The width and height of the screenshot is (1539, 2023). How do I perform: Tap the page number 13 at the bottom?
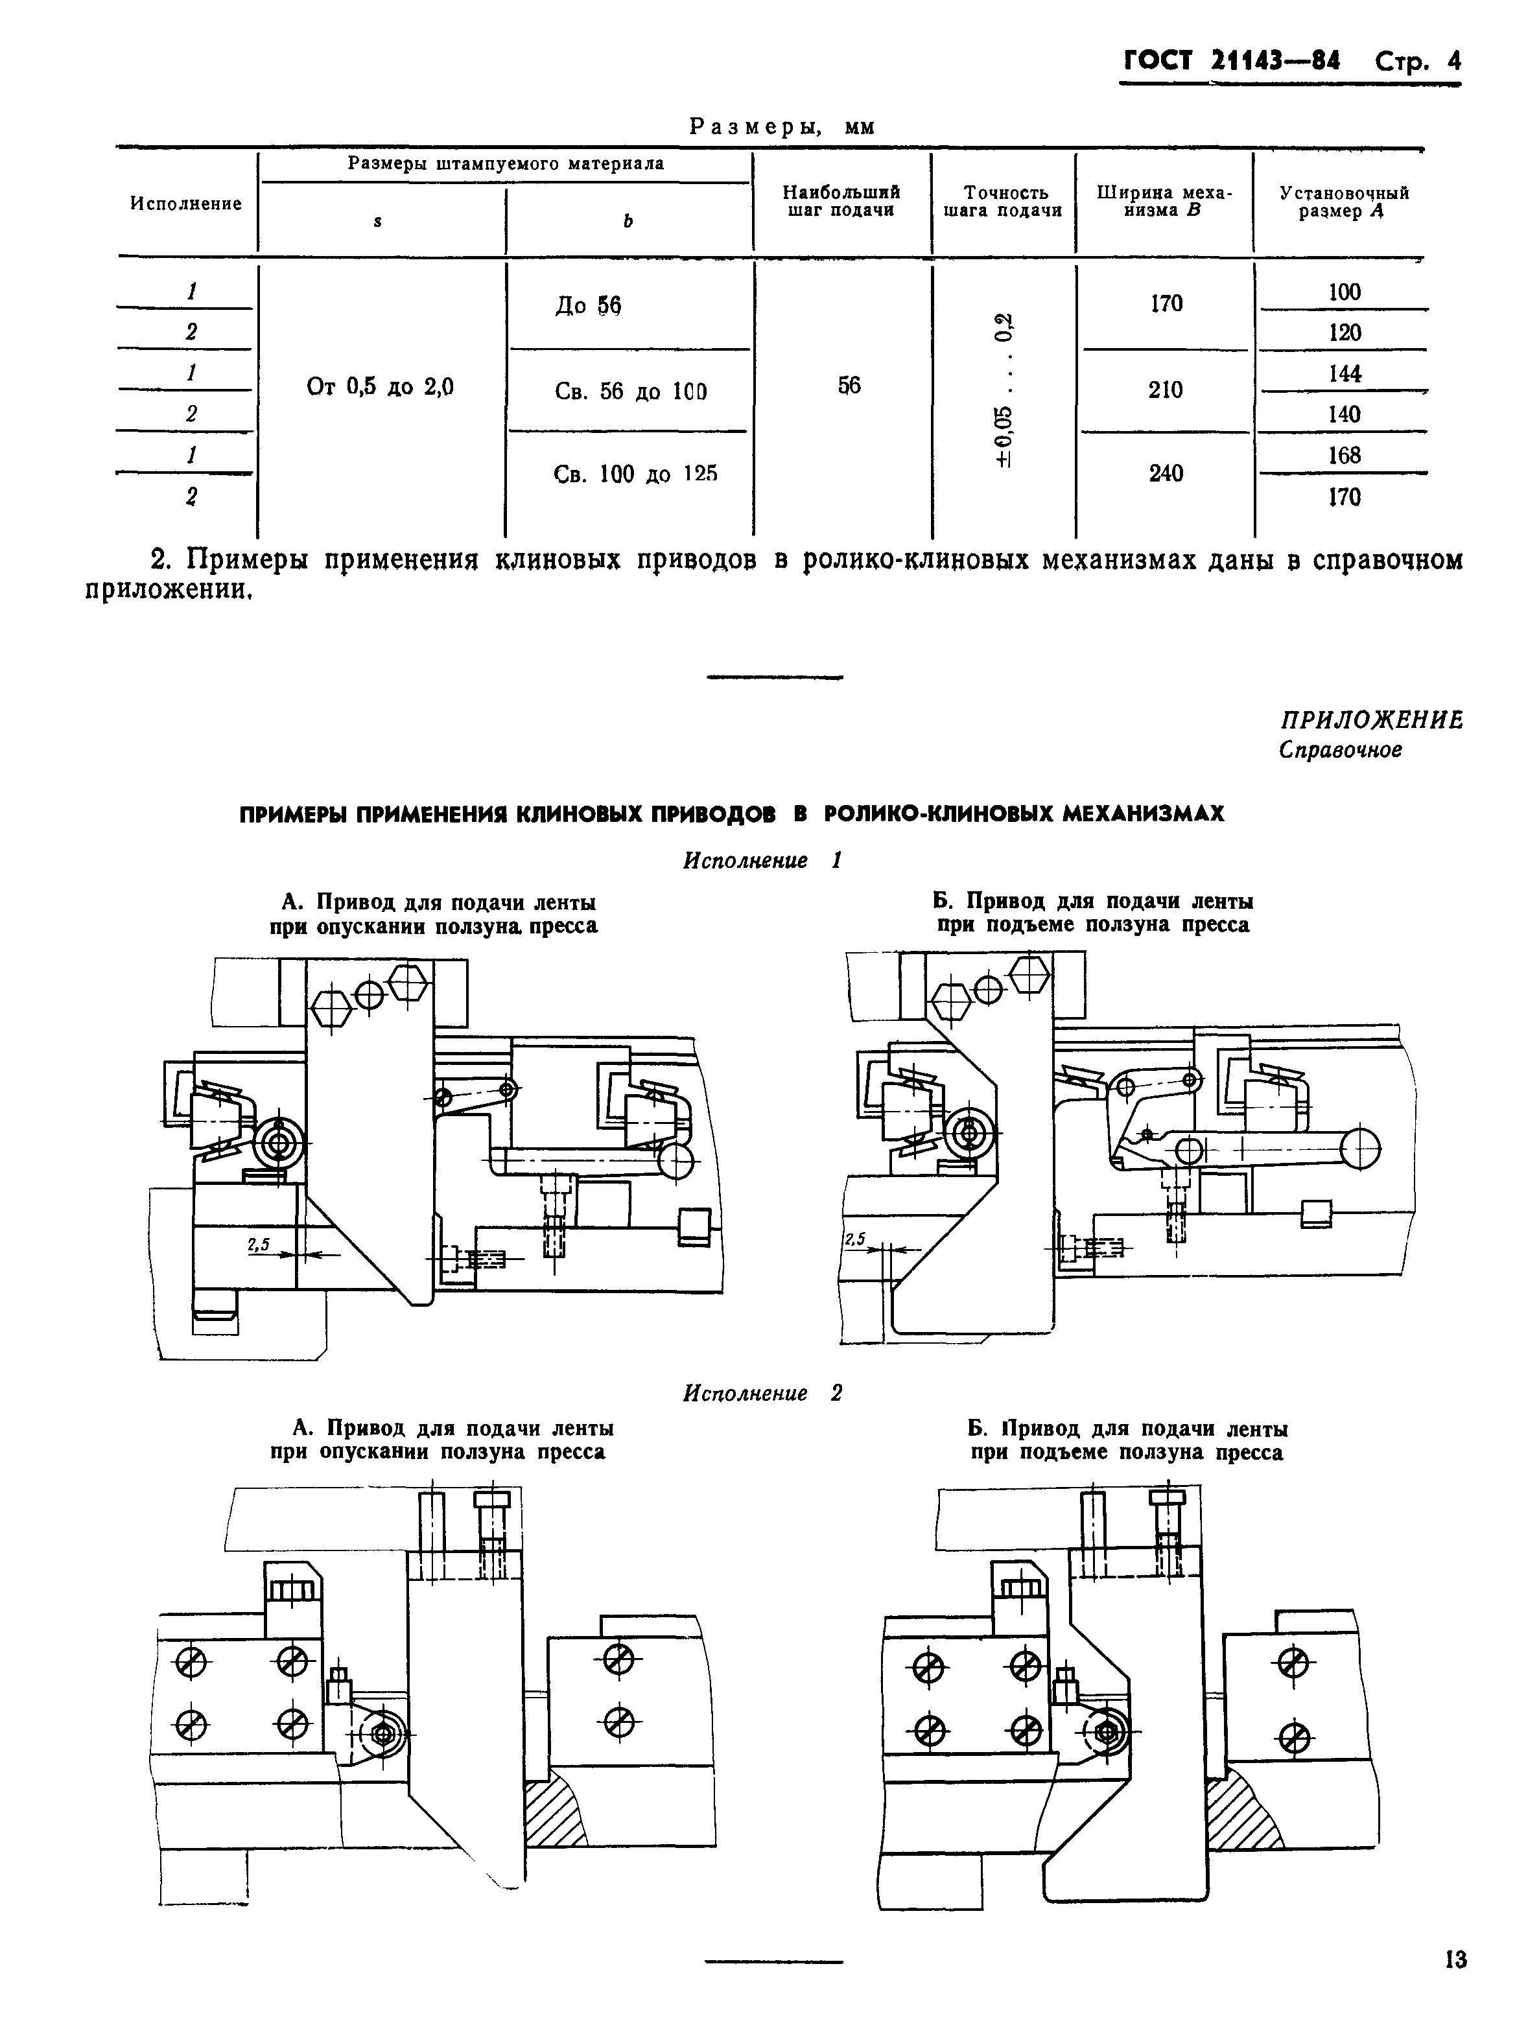coord(1455,1960)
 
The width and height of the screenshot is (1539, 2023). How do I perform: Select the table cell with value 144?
coord(1344,373)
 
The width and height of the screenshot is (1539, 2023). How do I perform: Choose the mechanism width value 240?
coord(1165,473)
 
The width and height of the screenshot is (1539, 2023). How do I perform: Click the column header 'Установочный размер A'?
coord(1344,202)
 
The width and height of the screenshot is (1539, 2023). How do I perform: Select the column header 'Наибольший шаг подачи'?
coord(841,202)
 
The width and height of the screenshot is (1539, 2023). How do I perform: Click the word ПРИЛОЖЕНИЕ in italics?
coord(1370,720)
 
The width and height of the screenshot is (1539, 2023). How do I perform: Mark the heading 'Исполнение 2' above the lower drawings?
coord(762,1393)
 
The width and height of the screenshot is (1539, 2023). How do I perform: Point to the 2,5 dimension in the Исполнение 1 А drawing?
coord(258,1245)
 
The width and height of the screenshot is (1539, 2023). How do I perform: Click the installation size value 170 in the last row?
coord(1344,497)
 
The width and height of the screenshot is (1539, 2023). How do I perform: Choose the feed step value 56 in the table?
coord(849,386)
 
